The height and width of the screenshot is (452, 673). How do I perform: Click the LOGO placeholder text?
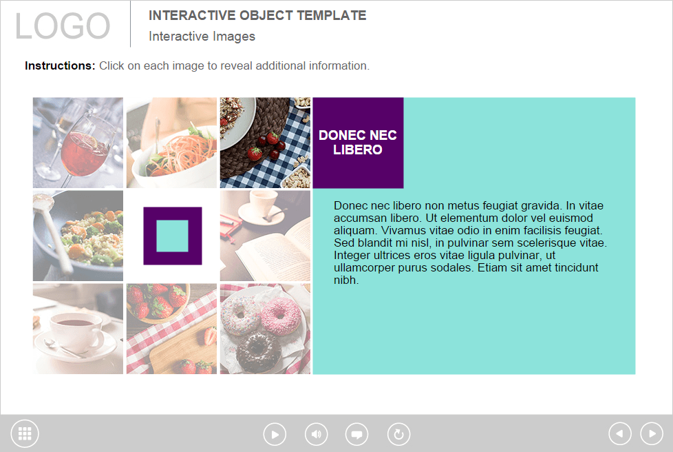[63, 25]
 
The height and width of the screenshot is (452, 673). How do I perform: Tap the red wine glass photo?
[78, 143]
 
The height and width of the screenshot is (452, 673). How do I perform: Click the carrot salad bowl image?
[171, 143]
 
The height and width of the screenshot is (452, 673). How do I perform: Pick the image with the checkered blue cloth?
[265, 143]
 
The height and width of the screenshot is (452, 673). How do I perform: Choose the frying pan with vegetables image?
[78, 236]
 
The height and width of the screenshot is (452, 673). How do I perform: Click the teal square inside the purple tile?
[172, 236]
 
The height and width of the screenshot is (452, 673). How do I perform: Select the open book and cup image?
[265, 236]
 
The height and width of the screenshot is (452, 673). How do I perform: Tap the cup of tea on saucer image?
[78, 329]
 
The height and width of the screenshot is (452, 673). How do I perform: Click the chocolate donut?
[258, 350]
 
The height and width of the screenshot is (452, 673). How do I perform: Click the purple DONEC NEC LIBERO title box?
[358, 143]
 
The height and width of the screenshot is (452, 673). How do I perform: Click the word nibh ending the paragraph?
[346, 280]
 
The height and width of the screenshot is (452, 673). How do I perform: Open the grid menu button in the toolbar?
[25, 433]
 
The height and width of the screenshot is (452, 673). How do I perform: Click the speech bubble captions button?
[356, 434]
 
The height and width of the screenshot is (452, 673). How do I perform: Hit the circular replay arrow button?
[398, 434]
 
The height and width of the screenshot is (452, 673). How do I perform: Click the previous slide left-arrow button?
[620, 433]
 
